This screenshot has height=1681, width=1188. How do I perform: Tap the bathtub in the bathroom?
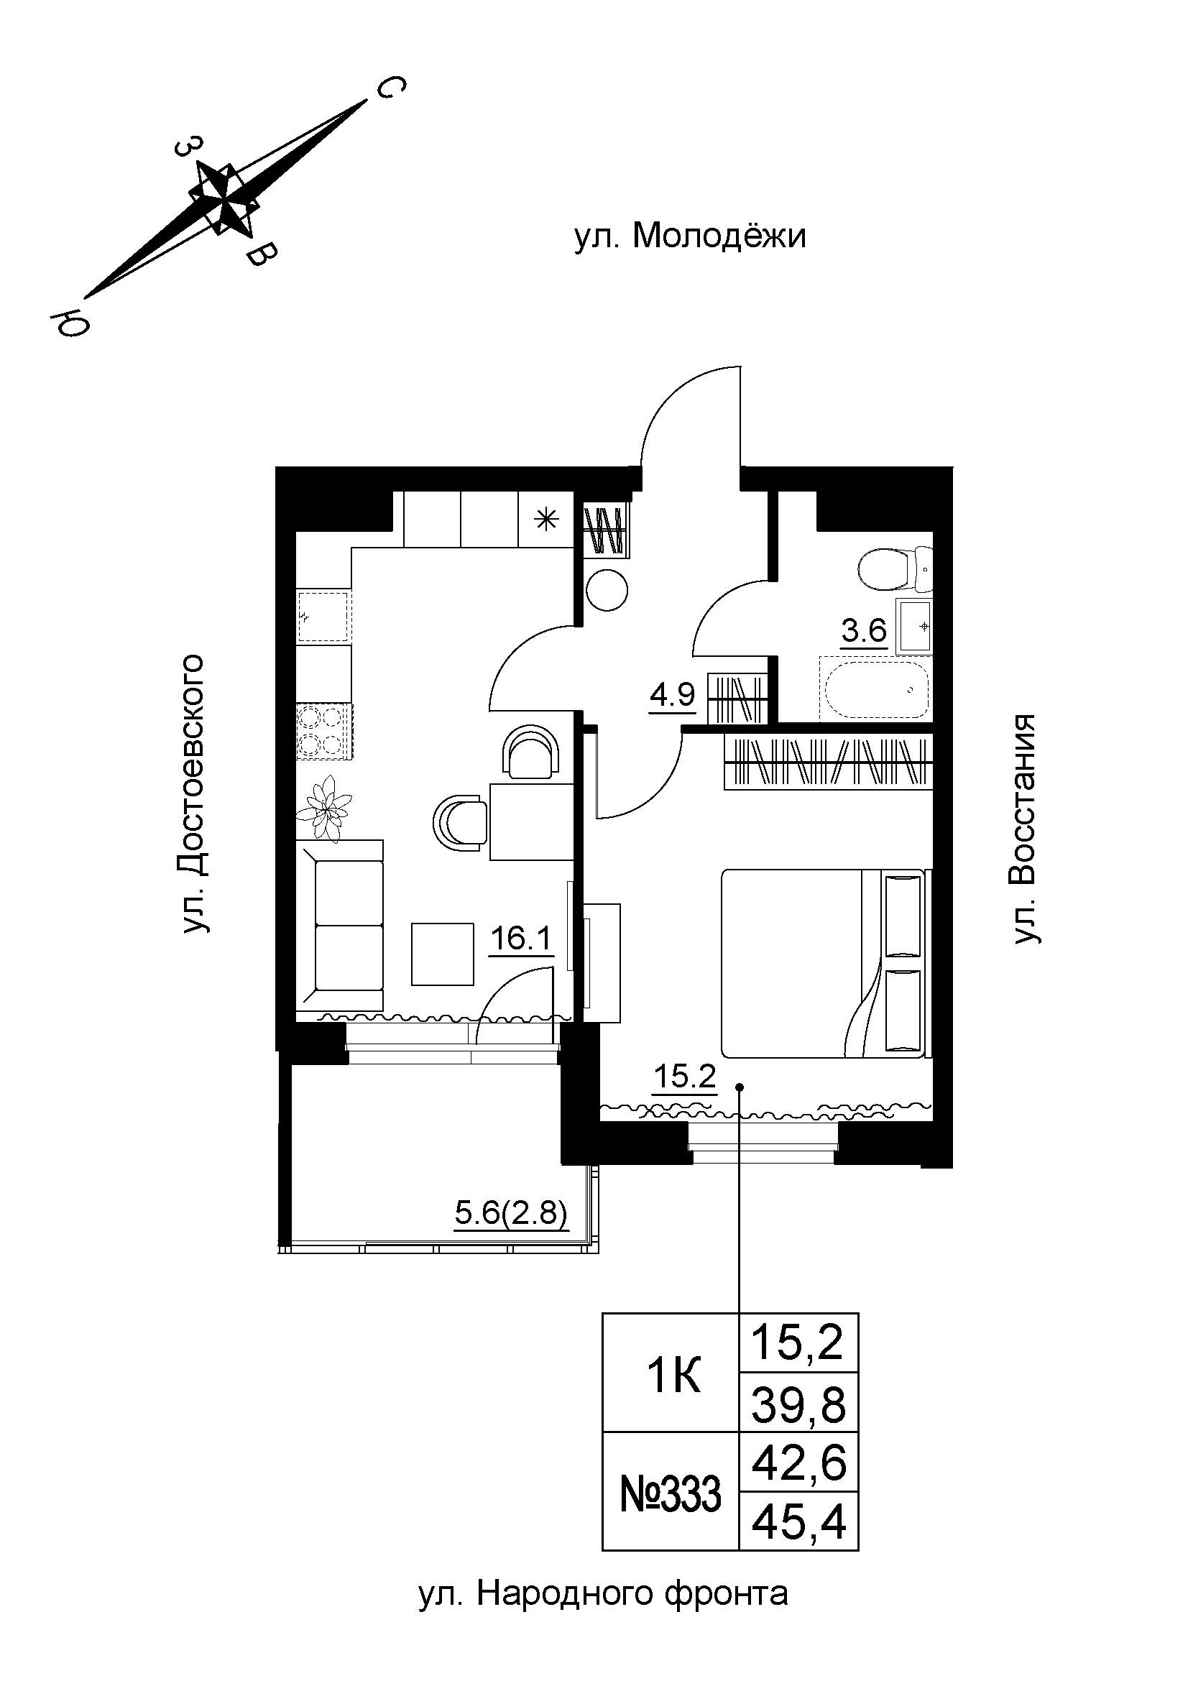[x=875, y=690]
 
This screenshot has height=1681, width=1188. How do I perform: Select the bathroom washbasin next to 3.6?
[x=913, y=626]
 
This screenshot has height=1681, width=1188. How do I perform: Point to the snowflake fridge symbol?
[x=545, y=520]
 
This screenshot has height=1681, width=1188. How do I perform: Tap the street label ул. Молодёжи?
[x=689, y=237]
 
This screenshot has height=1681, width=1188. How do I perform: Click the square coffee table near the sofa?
[x=442, y=953]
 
